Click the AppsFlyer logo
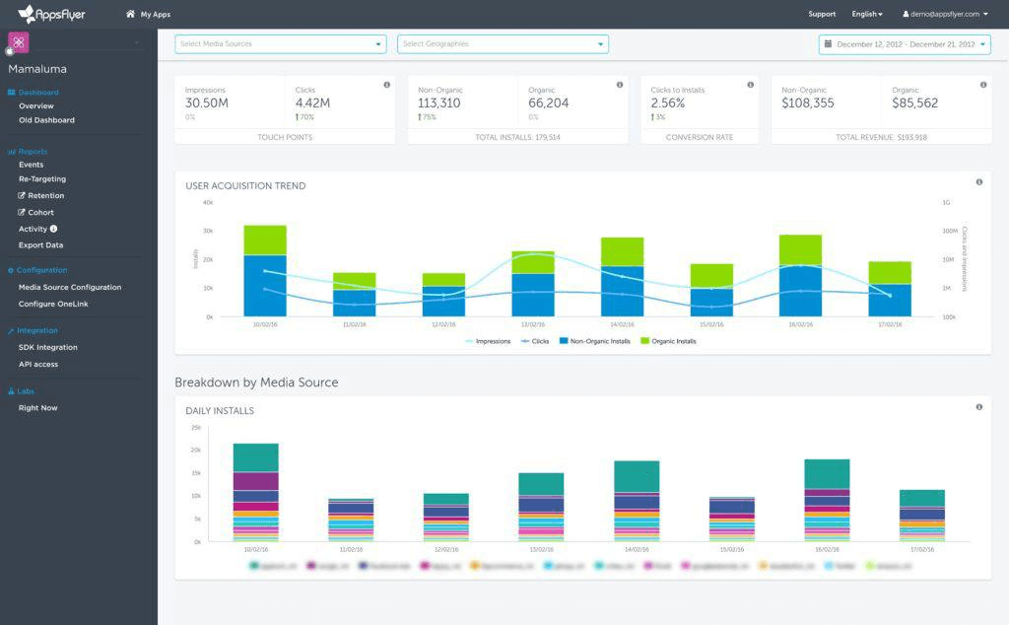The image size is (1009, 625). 51,14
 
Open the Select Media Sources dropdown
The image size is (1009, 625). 280,43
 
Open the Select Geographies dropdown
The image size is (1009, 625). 503,43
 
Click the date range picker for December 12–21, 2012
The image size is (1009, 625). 905,43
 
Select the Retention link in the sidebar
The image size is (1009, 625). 45,195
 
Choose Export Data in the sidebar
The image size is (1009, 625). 40,244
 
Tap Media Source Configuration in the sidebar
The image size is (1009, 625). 70,287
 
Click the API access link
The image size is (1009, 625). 38,364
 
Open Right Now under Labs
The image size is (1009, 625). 37,407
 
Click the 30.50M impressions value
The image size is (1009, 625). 207,103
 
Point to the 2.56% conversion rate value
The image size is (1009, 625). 667,103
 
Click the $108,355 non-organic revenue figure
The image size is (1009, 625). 807,103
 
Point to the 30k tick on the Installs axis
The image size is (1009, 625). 208,231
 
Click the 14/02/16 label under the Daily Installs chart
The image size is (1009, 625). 637,550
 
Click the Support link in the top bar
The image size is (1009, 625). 822,14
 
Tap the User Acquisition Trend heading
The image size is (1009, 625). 245,185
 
